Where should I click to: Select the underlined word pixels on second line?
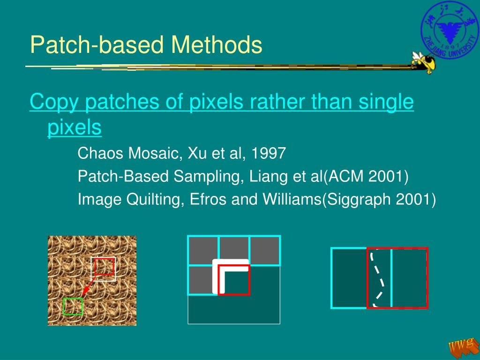(74, 127)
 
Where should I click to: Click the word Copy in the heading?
(53, 103)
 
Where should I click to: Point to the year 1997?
(269, 153)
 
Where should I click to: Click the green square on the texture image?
(73, 307)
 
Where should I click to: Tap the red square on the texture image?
(104, 266)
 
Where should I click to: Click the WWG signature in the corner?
(461, 347)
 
